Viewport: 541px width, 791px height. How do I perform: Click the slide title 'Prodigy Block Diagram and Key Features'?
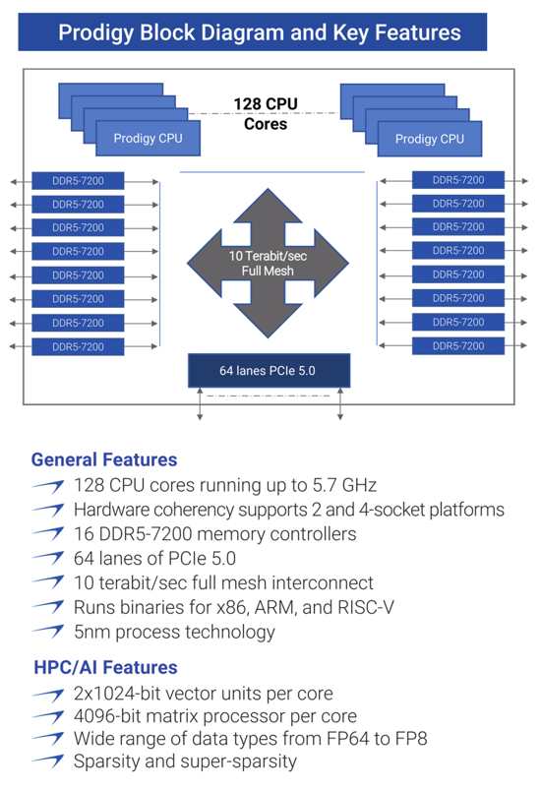[x=259, y=32]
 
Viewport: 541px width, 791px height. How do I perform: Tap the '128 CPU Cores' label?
[x=266, y=114]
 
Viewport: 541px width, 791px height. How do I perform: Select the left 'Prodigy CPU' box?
[x=148, y=138]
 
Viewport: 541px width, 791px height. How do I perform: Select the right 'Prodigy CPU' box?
[x=430, y=139]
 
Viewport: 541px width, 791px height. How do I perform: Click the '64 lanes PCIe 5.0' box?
[x=269, y=371]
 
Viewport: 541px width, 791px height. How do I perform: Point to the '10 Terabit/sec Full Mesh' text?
[x=268, y=264]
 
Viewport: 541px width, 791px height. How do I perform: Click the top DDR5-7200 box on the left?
[x=78, y=181]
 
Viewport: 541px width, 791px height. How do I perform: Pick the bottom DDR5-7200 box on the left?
[x=78, y=346]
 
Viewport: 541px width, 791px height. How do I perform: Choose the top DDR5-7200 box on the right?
[x=458, y=180]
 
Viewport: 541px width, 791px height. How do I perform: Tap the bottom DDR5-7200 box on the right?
[x=458, y=346]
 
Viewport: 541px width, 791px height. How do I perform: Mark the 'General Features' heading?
[x=104, y=459]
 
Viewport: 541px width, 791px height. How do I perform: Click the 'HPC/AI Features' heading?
[x=105, y=667]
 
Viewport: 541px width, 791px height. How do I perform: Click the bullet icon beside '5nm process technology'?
[x=48, y=631]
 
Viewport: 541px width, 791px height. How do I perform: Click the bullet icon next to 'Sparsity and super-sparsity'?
[x=48, y=761]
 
